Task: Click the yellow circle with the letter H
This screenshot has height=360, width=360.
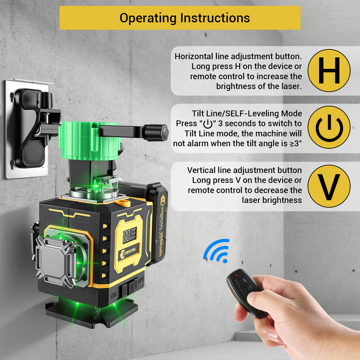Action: click(x=329, y=70)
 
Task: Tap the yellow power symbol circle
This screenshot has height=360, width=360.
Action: click(x=329, y=127)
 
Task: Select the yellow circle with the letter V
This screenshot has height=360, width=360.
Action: click(x=329, y=186)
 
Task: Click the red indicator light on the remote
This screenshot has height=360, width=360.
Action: click(x=236, y=275)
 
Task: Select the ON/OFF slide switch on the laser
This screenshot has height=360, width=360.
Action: click(x=130, y=287)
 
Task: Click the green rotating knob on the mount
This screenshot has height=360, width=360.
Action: click(x=90, y=141)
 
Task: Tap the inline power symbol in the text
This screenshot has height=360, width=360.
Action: click(x=208, y=124)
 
